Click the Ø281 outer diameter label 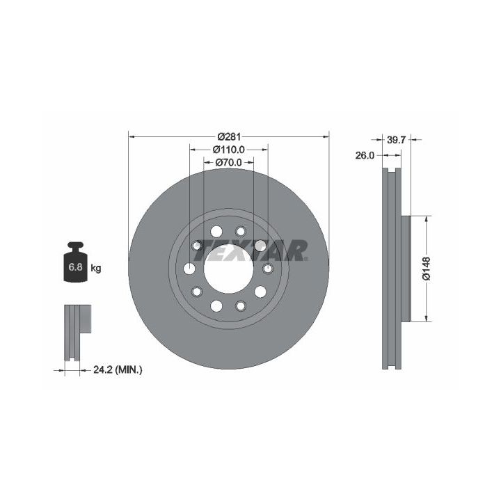coord(229,137)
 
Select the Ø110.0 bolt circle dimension coord(229,149)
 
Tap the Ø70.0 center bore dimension coord(229,162)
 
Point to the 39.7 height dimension coord(396,140)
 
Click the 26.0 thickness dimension coord(365,156)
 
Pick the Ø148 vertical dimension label coord(427,269)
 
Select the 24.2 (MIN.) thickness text coord(118,370)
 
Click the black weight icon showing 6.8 coord(75,262)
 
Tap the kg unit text coord(96,268)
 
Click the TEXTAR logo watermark coord(251,250)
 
